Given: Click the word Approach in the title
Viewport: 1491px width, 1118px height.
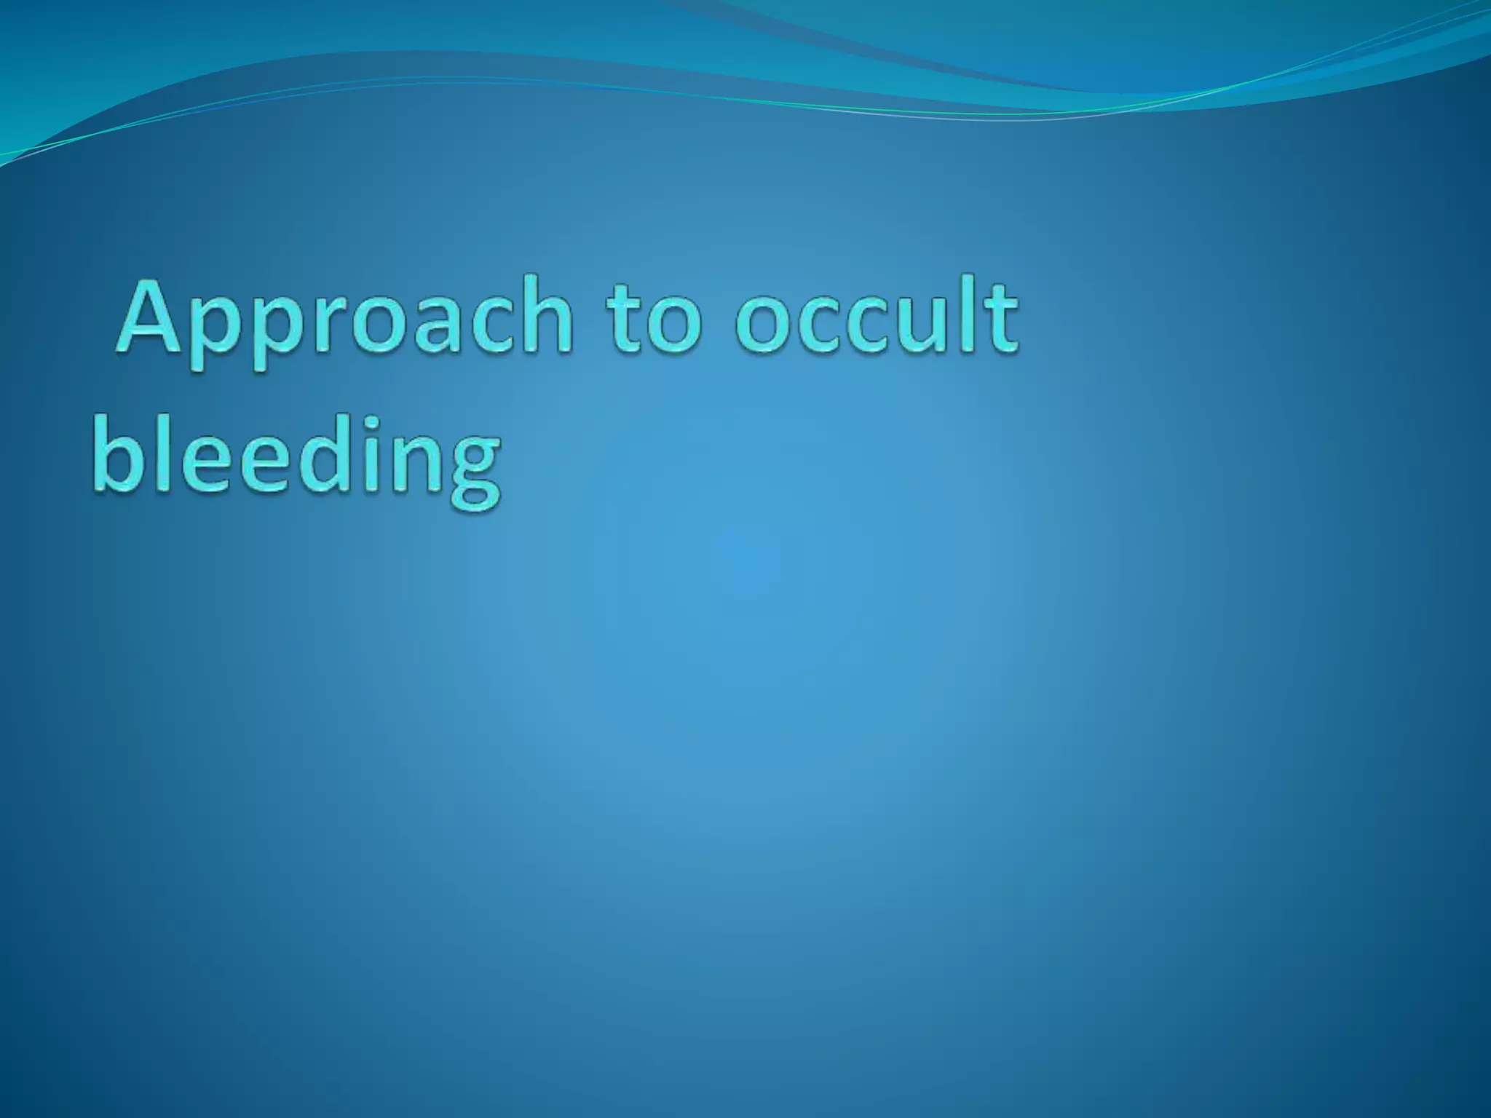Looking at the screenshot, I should [342, 320].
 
